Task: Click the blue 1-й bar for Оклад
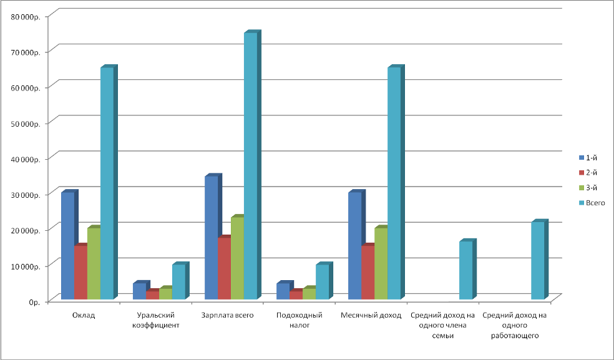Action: pyautogui.click(x=67, y=245)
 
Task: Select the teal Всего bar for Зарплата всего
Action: pyautogui.click(x=250, y=165)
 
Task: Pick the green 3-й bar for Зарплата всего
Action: pyautogui.click(x=237, y=257)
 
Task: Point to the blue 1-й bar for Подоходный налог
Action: pyautogui.click(x=283, y=291)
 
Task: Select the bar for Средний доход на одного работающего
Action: pyautogui.click(x=537, y=260)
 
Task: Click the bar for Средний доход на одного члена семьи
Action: pyautogui.click(x=465, y=270)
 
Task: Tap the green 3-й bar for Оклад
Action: pyautogui.click(x=94, y=263)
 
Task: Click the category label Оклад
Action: pyautogui.click(x=84, y=315)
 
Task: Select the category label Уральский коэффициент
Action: pyautogui.click(x=158, y=320)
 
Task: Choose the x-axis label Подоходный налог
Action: pyautogui.click(x=299, y=320)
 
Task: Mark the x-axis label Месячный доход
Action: pyautogui.click(x=371, y=315)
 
